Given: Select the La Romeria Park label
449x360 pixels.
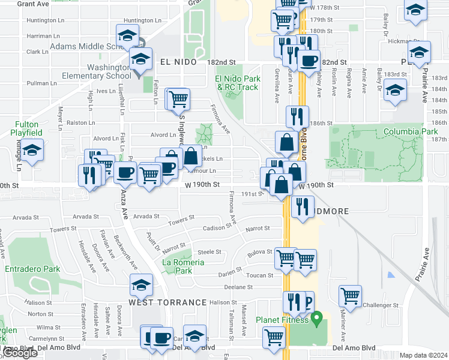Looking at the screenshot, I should pos(184,266).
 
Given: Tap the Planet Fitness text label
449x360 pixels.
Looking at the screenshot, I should pos(282,320).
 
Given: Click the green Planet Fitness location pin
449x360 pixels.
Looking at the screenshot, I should pos(319,316).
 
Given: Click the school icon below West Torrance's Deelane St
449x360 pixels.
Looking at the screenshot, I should pos(141,285).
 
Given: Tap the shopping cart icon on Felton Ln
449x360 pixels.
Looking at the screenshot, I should pos(178,98).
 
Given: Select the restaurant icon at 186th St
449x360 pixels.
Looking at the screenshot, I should pos(297,117).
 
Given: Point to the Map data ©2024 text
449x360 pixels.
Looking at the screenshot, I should pos(424,355).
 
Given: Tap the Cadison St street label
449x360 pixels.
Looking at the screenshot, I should pos(217,228).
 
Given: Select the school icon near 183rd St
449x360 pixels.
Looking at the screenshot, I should pos(395,91).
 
